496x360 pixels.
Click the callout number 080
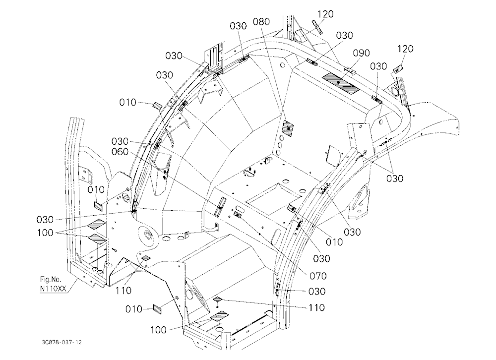pos(261,21)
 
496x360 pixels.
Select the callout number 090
pos(361,53)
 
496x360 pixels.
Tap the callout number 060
pos(120,152)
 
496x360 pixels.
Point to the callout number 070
pos(318,276)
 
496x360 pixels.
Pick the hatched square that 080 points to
pos(288,129)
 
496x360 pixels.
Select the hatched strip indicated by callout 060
pos(220,207)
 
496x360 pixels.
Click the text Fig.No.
pos(51,279)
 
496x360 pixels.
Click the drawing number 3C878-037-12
pos(62,342)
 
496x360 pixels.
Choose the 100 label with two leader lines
pos(45,233)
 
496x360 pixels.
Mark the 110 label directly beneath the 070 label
pos(316,307)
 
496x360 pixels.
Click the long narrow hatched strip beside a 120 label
pos(317,27)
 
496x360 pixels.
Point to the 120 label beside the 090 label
pos(405,49)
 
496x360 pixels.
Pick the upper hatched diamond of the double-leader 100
pos(97,224)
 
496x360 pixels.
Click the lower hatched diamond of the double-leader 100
pos(97,239)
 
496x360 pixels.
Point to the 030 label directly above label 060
pos(120,141)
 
